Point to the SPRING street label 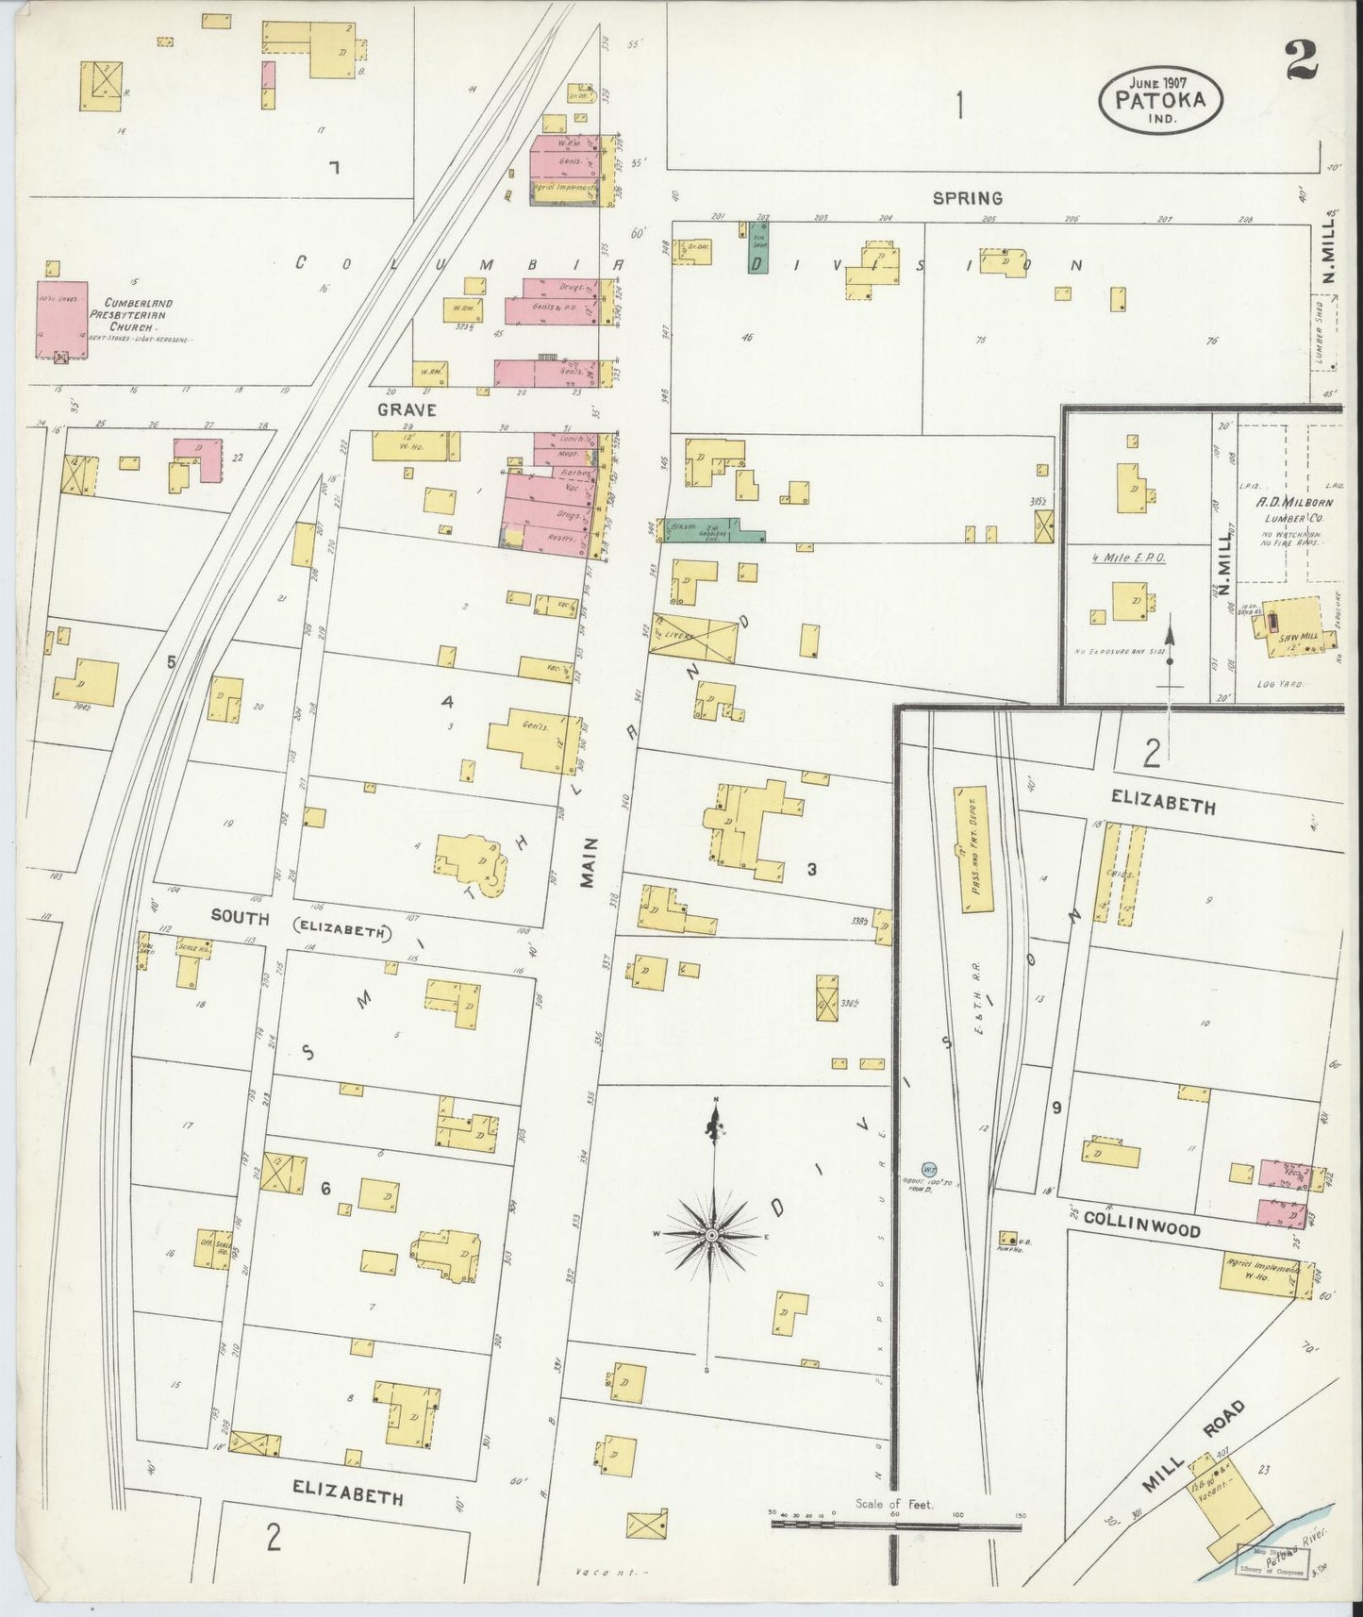point(967,198)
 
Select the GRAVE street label point(407,410)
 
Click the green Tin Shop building point(758,247)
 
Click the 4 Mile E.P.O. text point(1128,558)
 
